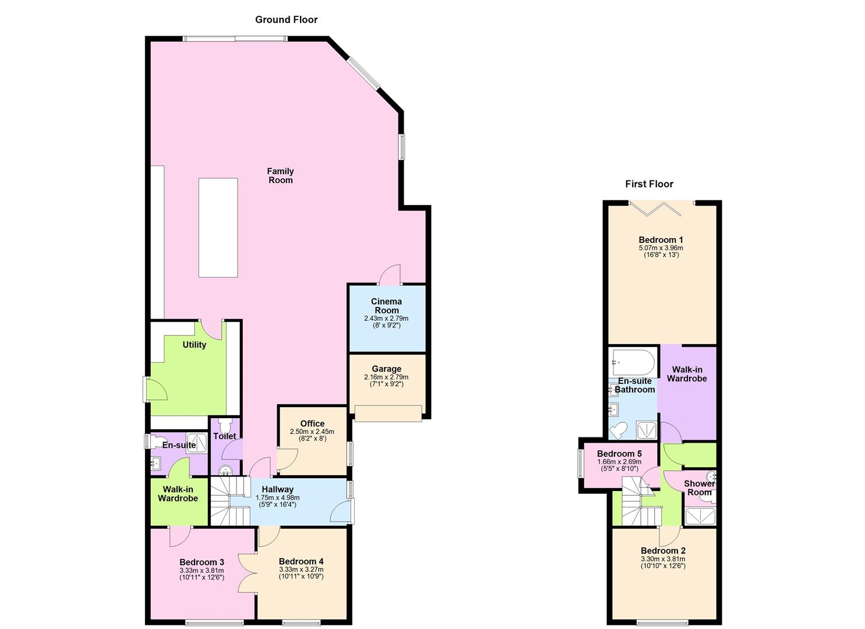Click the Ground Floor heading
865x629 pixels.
click(286, 20)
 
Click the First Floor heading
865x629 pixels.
click(649, 184)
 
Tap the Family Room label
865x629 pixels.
click(280, 175)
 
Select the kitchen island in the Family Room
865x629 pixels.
click(218, 227)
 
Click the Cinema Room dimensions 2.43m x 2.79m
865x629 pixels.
click(386, 319)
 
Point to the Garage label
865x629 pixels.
click(386, 369)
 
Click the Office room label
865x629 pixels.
click(312, 423)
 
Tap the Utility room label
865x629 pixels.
click(194, 345)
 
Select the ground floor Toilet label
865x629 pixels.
click(225, 436)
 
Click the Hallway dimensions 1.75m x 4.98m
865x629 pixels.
click(277, 498)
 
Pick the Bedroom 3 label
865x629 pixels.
click(202, 562)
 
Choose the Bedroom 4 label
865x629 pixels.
click(301, 561)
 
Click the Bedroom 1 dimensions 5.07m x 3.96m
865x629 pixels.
click(661, 248)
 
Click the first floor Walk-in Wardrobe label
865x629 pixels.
click(687, 374)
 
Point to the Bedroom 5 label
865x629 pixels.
click(619, 454)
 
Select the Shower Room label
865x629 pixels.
click(699, 488)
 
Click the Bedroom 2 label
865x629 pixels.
click(663, 550)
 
